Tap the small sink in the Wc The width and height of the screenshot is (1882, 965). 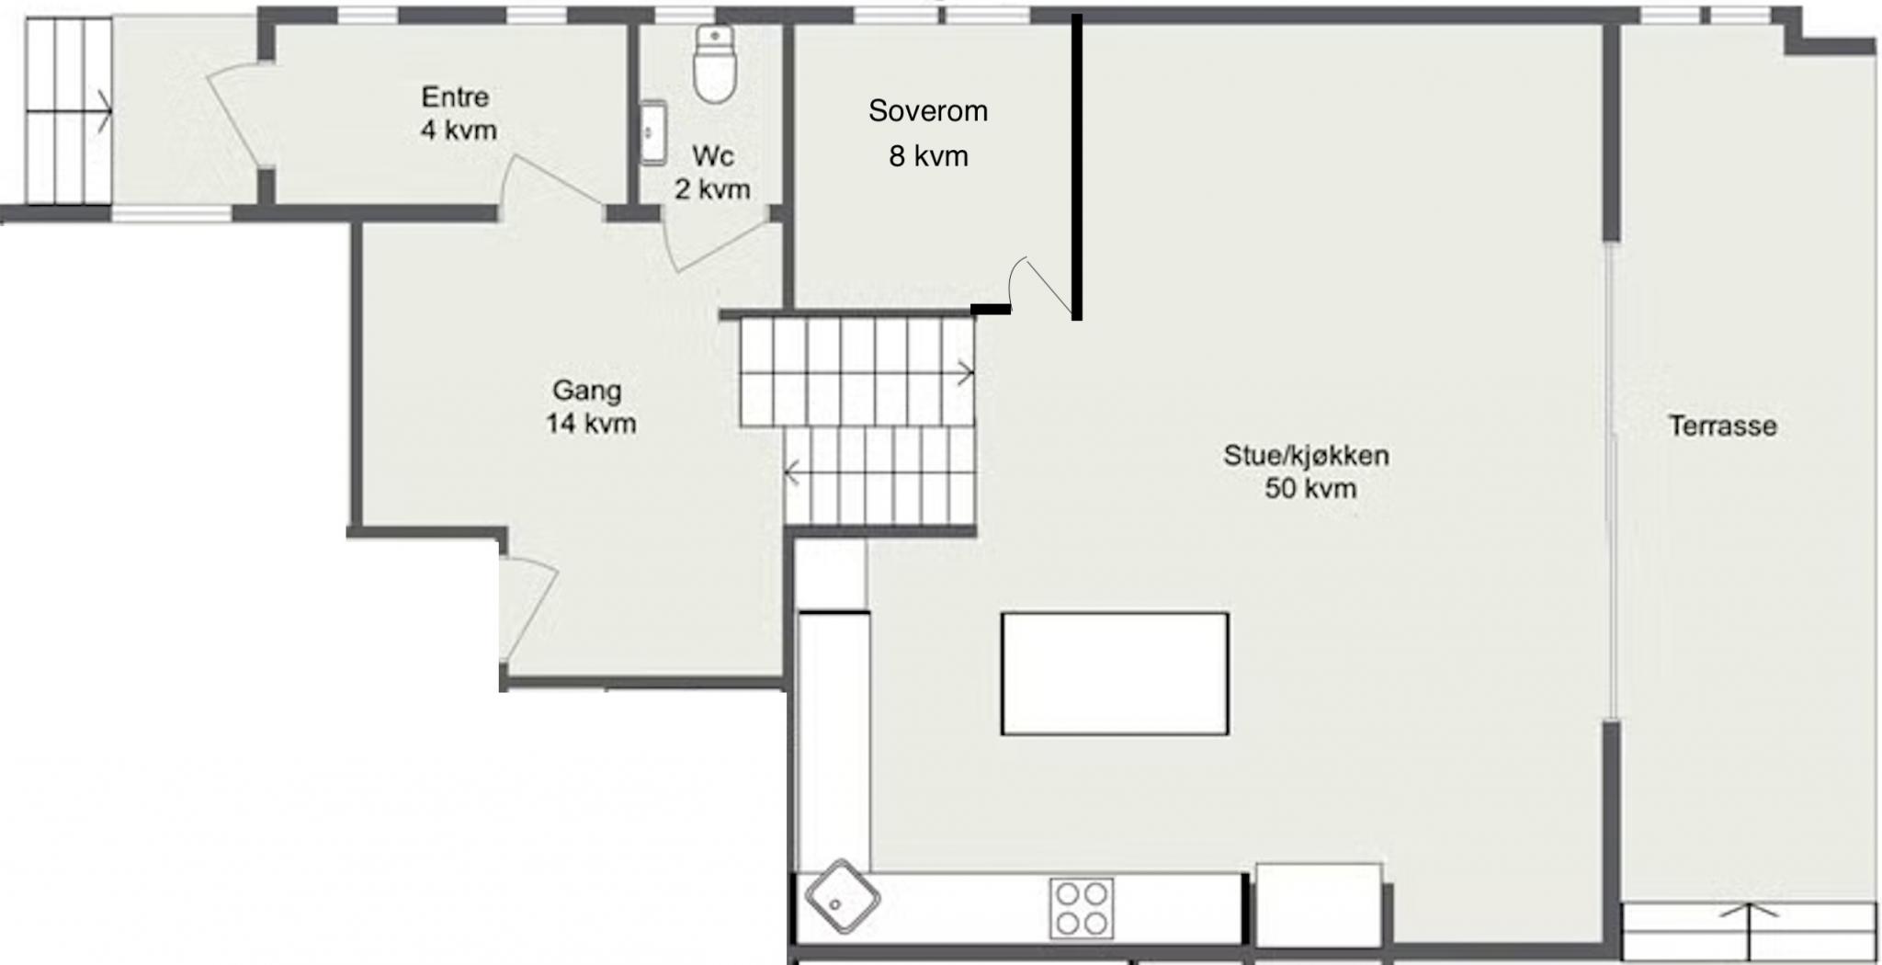pos(652,132)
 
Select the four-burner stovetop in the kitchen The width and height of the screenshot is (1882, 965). pos(1081,908)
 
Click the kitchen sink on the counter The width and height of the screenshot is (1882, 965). pos(841,897)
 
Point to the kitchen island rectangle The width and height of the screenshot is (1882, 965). pos(1115,674)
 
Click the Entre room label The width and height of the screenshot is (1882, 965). pos(455,96)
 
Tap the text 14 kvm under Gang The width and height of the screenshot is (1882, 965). pos(591,424)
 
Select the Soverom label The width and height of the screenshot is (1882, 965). pos(928,111)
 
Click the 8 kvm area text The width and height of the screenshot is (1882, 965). pos(928,156)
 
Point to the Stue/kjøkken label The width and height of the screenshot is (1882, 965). pos(1306,456)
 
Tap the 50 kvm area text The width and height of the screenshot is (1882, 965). pos(1310,488)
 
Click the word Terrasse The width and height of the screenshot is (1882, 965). pos(1722,426)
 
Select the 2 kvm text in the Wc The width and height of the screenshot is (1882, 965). pos(712,189)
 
